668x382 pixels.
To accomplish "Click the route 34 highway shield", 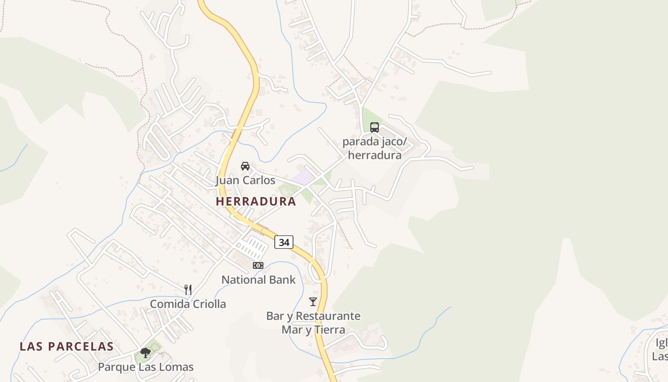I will pyautogui.click(x=284, y=242).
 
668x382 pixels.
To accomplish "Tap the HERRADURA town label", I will pyautogui.click(x=256, y=202).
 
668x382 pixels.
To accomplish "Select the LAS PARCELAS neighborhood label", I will pyautogui.click(x=66, y=347).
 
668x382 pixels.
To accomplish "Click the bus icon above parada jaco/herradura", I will pyautogui.click(x=375, y=127).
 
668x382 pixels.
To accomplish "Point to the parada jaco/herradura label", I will pyautogui.click(x=375, y=149).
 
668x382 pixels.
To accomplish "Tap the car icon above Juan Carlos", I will pyautogui.click(x=245, y=166).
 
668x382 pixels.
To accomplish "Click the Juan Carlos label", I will pyautogui.click(x=245, y=180).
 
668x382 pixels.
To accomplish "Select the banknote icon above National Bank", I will pyautogui.click(x=258, y=265).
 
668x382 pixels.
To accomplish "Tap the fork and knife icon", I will pyautogui.click(x=188, y=289).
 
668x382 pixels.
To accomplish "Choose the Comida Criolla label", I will pyautogui.click(x=188, y=304).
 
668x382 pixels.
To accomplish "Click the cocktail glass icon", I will pyautogui.click(x=313, y=301).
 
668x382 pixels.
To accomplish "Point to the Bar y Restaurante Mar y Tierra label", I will pyautogui.click(x=313, y=323).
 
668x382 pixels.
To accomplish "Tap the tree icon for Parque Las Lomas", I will pyautogui.click(x=146, y=353).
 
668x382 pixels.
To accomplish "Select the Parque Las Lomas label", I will pyautogui.click(x=146, y=367).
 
